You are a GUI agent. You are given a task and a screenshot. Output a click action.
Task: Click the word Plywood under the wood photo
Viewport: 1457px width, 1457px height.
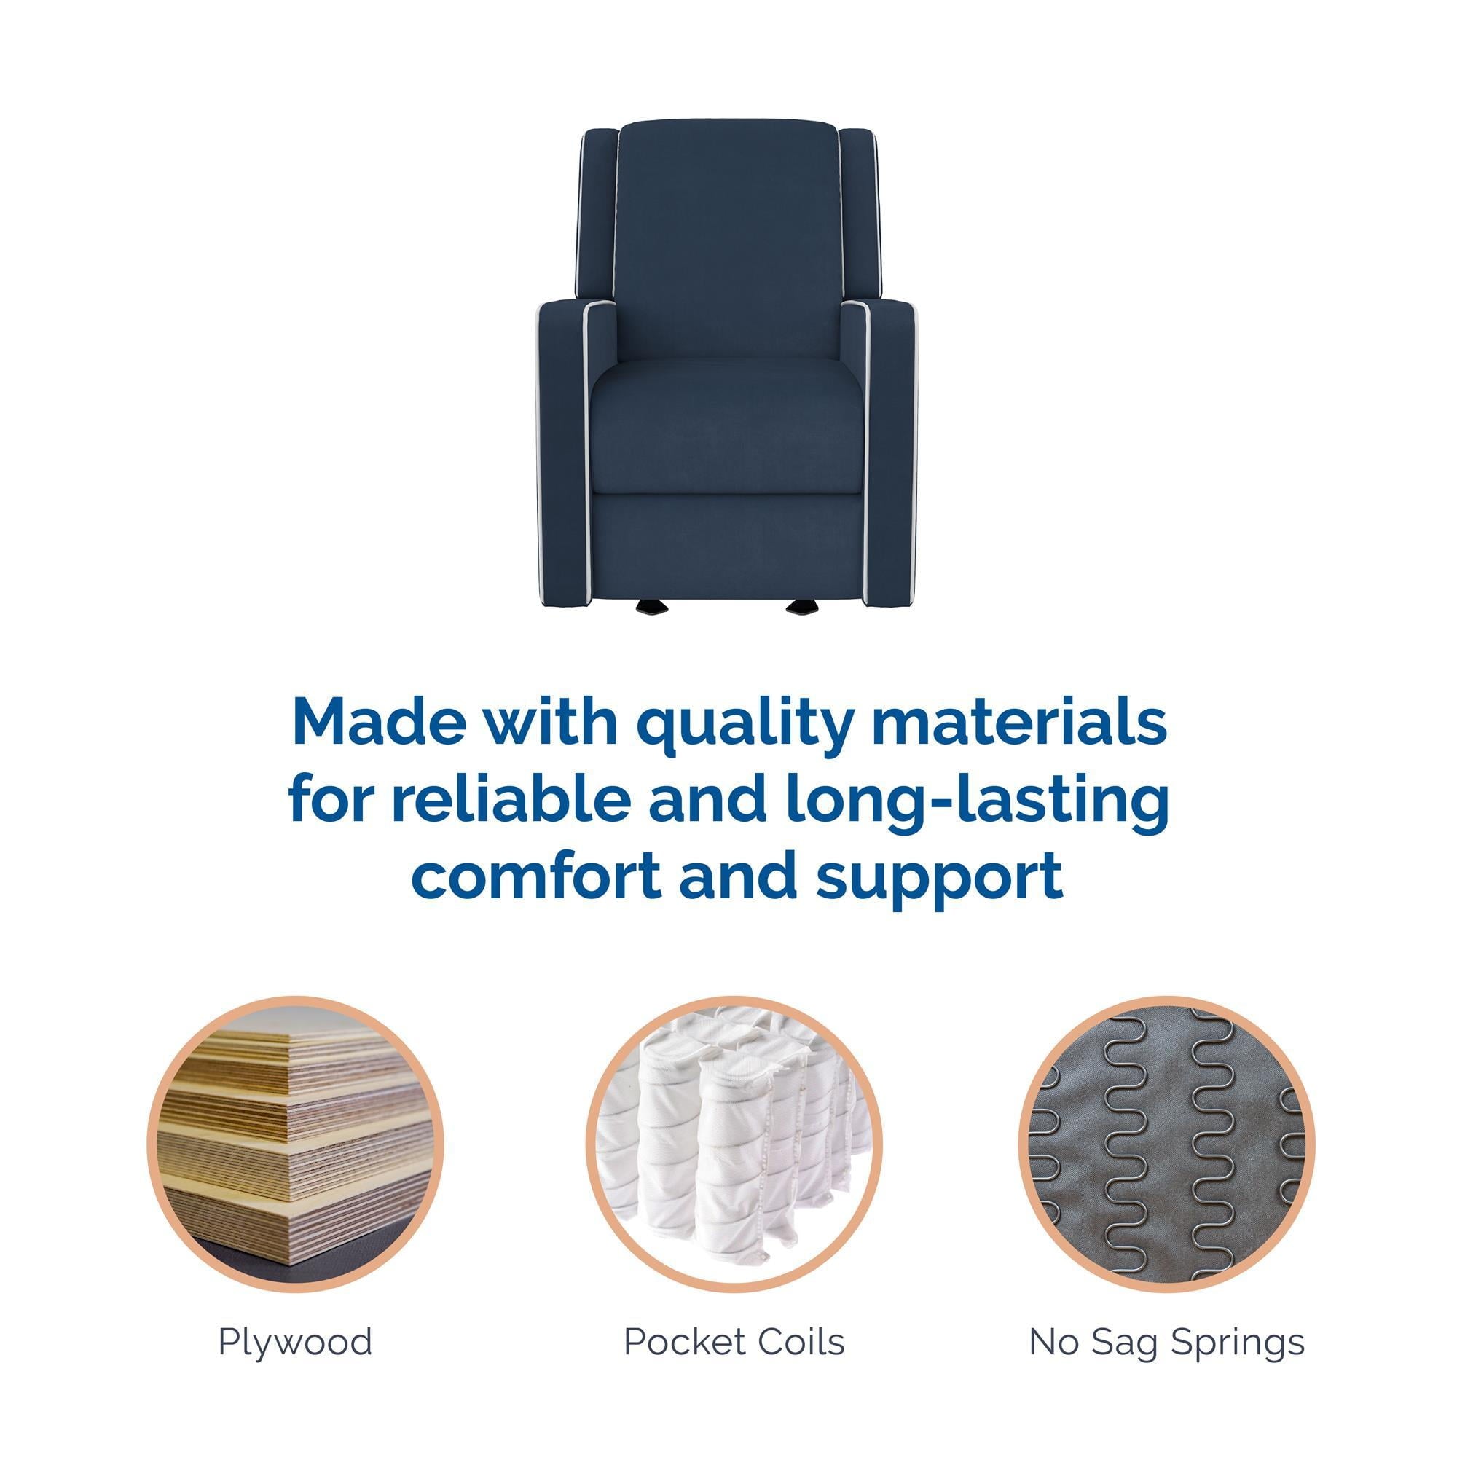coord(295,1342)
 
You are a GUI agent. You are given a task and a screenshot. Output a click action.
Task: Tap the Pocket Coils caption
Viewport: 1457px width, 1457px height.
coord(734,1342)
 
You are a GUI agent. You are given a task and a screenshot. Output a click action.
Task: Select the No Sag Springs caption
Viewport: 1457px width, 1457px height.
coord(1166,1342)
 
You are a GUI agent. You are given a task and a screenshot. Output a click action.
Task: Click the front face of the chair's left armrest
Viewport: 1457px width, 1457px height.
coord(562,445)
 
